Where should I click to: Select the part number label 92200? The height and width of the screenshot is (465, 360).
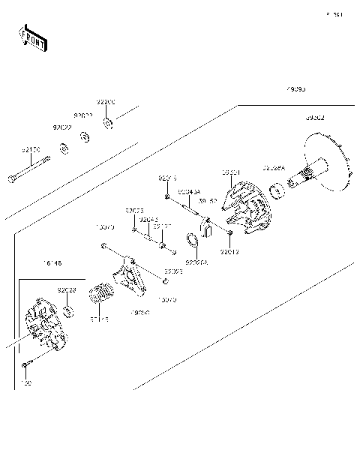pyautogui.click(x=106, y=102)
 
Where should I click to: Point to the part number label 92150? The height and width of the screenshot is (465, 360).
pyautogui.click(x=30, y=150)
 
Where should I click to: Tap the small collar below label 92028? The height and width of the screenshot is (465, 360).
pyautogui.click(x=67, y=310)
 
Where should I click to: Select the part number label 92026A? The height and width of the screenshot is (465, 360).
pyautogui.click(x=196, y=263)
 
